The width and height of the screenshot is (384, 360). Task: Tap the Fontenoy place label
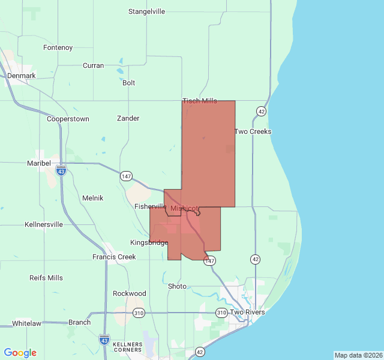pyautogui.click(x=58, y=47)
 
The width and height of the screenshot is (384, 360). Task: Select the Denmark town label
pyautogui.click(x=22, y=76)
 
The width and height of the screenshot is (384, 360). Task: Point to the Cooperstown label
pyautogui.click(x=68, y=119)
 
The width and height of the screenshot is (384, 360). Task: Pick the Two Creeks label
pyautogui.click(x=253, y=131)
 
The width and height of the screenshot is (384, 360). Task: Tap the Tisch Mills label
pyautogui.click(x=200, y=101)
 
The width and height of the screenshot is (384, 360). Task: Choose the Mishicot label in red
pyautogui.click(x=184, y=208)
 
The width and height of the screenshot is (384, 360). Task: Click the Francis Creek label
pyautogui.click(x=114, y=257)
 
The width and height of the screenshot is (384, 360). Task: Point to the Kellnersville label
pyautogui.click(x=44, y=224)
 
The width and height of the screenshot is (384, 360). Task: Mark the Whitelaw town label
pyautogui.click(x=26, y=323)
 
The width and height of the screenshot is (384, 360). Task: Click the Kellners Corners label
pyautogui.click(x=127, y=347)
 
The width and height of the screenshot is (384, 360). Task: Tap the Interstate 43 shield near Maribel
pyautogui.click(x=61, y=171)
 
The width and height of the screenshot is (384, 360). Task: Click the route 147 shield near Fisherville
pyautogui.click(x=126, y=176)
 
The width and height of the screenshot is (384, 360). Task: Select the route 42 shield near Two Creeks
pyautogui.click(x=261, y=111)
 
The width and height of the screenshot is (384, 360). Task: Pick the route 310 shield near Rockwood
pyautogui.click(x=139, y=313)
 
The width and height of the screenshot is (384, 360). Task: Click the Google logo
pyautogui.click(x=20, y=353)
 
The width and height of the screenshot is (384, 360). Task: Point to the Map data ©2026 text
pyautogui.click(x=358, y=355)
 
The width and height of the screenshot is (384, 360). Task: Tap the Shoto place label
pyautogui.click(x=177, y=286)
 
